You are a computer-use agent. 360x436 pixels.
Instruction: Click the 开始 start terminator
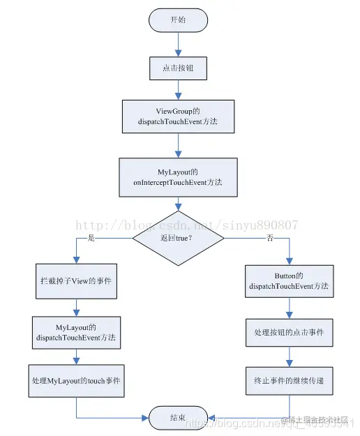(179, 20)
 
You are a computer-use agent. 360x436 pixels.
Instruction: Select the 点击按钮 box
(179, 68)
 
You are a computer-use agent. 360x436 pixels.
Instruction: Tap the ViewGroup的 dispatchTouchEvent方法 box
(179, 116)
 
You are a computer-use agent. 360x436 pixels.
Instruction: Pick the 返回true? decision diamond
(179, 239)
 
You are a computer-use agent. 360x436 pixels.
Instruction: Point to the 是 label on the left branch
(90, 238)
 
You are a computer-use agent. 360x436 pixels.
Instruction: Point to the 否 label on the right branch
(269, 238)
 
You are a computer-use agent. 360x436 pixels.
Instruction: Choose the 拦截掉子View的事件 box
(75, 283)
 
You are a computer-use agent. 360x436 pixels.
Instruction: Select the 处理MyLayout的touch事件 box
(75, 382)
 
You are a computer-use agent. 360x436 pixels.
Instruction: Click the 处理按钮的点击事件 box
(289, 333)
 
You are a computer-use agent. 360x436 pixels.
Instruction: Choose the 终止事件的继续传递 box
(289, 381)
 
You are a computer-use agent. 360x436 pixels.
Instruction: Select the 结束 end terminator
(179, 417)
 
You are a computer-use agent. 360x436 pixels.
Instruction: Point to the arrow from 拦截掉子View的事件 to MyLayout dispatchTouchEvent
(75, 307)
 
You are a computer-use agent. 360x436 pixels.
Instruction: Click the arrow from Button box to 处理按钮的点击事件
(289, 307)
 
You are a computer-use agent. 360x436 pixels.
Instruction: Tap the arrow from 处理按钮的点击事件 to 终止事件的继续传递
(289, 356)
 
